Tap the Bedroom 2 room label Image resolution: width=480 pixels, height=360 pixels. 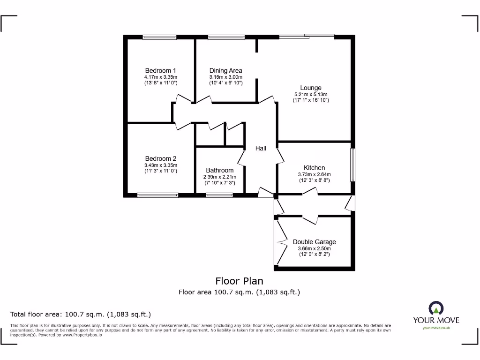click(x=161, y=159)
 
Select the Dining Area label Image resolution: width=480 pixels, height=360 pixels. click(x=225, y=71)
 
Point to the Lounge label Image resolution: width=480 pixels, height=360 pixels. click(x=311, y=88)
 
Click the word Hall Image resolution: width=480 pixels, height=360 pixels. click(x=261, y=148)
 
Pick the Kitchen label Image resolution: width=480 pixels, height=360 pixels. click(x=314, y=168)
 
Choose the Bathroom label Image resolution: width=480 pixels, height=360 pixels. click(x=219, y=170)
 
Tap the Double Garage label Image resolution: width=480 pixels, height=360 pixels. click(x=314, y=242)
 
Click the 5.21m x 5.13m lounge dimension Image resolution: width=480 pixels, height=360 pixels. click(x=311, y=94)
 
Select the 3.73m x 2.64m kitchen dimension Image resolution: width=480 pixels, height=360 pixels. click(x=314, y=174)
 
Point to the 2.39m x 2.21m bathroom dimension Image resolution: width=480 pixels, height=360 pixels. click(x=219, y=177)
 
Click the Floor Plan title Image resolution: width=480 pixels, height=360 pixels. click(x=239, y=281)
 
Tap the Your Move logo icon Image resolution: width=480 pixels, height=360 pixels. click(x=436, y=308)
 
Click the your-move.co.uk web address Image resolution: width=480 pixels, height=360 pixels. click(x=436, y=328)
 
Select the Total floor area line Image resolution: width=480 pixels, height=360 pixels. click(x=81, y=314)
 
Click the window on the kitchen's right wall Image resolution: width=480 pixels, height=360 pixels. click(x=353, y=165)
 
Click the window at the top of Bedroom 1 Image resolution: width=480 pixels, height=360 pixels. click(x=159, y=37)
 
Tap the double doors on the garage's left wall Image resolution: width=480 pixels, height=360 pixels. click(x=279, y=242)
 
